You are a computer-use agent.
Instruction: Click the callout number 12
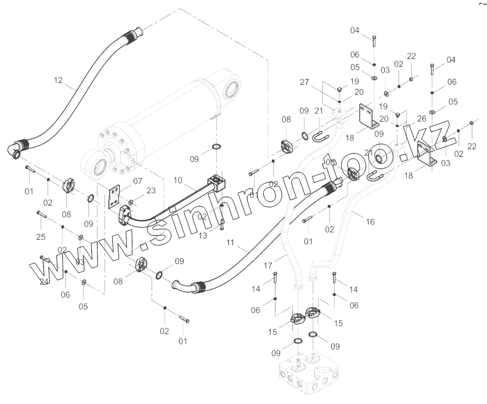[58, 80]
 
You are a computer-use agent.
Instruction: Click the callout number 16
[370, 221]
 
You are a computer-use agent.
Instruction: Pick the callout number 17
[268, 265]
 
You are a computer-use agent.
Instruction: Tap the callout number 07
[137, 181]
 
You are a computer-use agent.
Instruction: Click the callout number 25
[40, 237]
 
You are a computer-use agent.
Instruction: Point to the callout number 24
[44, 283]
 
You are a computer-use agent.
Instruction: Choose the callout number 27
[320, 82]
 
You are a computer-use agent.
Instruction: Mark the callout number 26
[422, 118]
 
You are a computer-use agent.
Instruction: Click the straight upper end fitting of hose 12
[133, 36]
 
